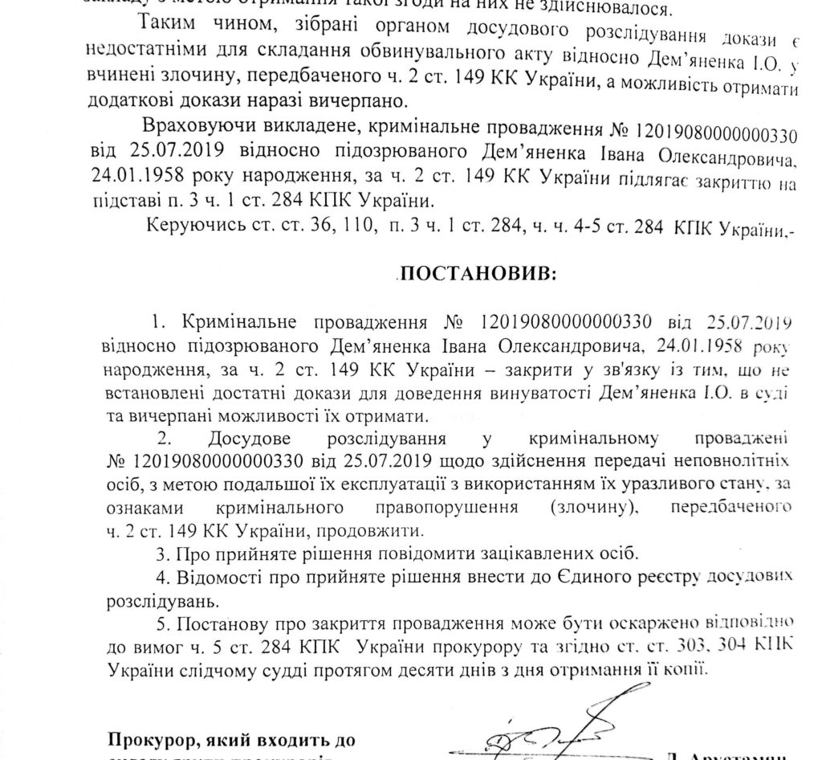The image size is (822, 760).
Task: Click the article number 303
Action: [698, 646]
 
